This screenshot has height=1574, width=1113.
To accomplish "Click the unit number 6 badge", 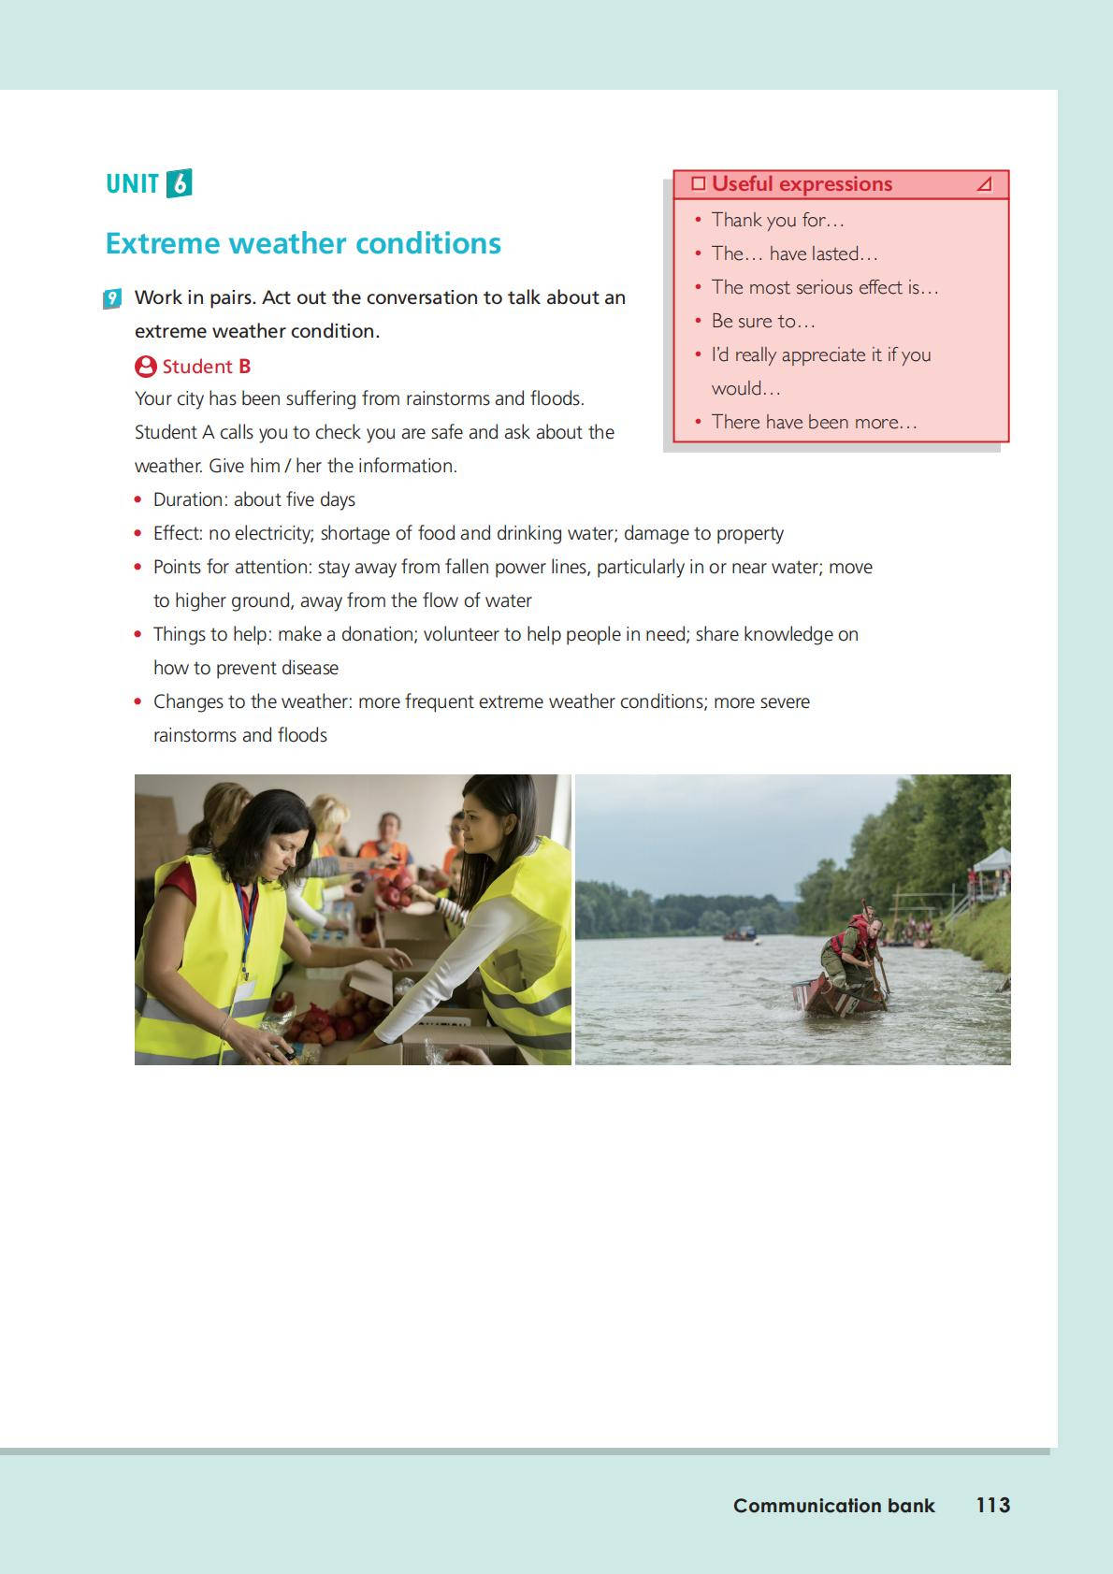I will [x=179, y=183].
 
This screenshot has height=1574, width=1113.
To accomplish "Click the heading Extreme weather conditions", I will [x=303, y=243].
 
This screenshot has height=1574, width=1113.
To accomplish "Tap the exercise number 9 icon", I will [x=112, y=298].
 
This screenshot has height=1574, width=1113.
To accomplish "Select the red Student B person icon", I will [x=146, y=366].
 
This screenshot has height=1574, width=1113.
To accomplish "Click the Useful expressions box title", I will [x=802, y=184].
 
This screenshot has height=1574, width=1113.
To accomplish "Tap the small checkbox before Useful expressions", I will [x=698, y=183].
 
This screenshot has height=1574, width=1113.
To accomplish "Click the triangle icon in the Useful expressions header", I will [x=984, y=184].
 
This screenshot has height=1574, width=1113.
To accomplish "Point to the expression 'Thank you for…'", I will [x=777, y=220].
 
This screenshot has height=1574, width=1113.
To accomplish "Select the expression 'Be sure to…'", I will [x=763, y=321].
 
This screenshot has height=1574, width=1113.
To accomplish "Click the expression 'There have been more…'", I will [x=814, y=422].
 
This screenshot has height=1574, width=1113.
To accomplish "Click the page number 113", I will [x=992, y=1505].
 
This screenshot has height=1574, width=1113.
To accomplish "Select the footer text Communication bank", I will [x=833, y=1506].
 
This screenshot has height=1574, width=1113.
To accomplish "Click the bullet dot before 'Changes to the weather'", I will [x=138, y=701].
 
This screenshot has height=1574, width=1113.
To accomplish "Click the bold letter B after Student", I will [x=244, y=367].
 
